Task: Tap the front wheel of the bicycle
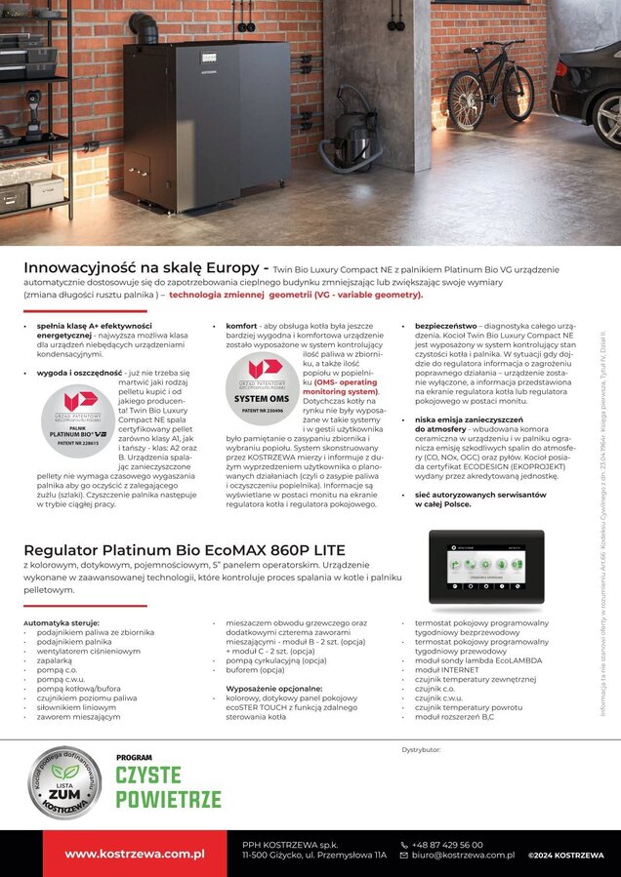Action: tap(464, 99)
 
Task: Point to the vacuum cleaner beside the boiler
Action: tap(349, 147)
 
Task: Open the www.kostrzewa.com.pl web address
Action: tap(135, 854)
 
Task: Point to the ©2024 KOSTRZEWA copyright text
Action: tap(566, 855)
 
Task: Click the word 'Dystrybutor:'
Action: tap(422, 748)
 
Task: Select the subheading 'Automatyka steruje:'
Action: tap(62, 622)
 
